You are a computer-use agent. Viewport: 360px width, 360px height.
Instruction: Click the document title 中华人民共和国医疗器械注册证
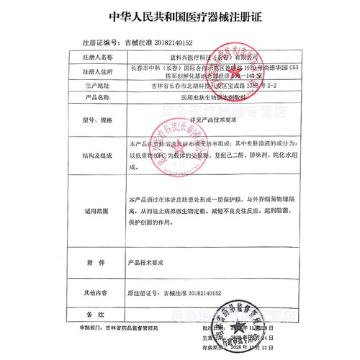coord(179,15)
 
